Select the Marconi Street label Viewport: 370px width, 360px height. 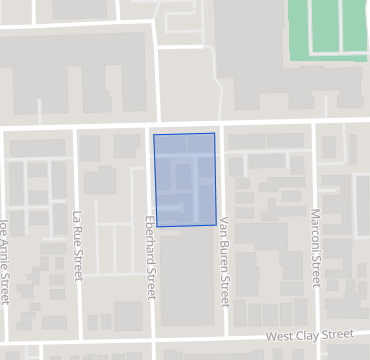pos(316,256)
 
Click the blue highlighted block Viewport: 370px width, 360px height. pos(185,179)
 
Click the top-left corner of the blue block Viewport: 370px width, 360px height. pos(153,134)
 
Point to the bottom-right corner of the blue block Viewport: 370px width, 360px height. pos(217,225)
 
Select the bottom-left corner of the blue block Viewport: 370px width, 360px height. pos(157,227)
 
